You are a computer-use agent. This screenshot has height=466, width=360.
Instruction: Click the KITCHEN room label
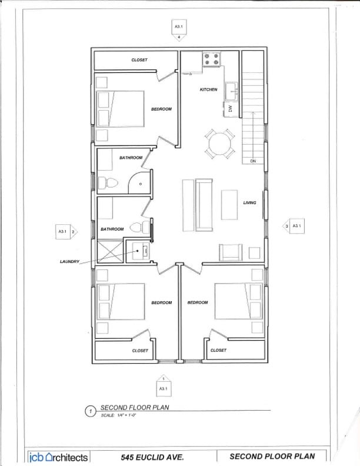pyautogui.click(x=208, y=89)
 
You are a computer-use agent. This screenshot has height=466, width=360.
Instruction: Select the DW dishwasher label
pyautogui.click(x=231, y=108)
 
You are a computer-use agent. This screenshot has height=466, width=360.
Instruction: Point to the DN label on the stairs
pyautogui.click(x=253, y=161)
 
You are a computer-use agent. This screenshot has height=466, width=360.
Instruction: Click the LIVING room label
pyautogui.click(x=249, y=202)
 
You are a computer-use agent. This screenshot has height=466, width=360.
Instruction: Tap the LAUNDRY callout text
pyautogui.click(x=69, y=261)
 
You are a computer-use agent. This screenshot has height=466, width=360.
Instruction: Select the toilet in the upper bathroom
pyautogui.click(x=105, y=183)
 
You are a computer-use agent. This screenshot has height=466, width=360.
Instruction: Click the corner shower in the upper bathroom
pyautogui.click(x=139, y=182)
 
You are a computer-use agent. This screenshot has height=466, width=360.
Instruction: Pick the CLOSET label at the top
pyautogui.click(x=139, y=60)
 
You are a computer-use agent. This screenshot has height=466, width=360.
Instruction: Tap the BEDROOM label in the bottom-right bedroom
pyautogui.click(x=198, y=302)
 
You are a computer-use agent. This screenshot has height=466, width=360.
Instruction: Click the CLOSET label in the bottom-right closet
pyautogui.click(x=218, y=350)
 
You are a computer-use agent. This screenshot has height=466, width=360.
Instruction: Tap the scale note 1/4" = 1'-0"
pyautogui.click(x=119, y=416)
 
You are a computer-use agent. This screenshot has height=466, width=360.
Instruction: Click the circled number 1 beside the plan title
pyautogui.click(x=91, y=412)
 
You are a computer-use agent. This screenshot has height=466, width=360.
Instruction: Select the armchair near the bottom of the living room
pyautogui.click(x=231, y=252)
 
